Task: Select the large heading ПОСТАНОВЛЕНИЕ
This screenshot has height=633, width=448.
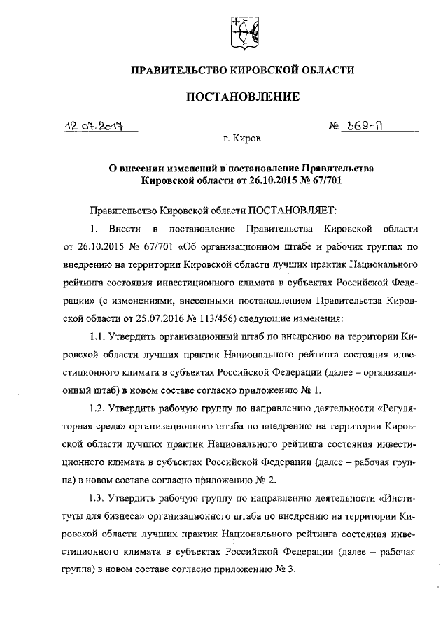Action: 242,96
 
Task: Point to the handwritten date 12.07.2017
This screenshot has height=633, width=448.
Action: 91,127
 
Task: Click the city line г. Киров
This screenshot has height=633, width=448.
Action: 242,139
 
